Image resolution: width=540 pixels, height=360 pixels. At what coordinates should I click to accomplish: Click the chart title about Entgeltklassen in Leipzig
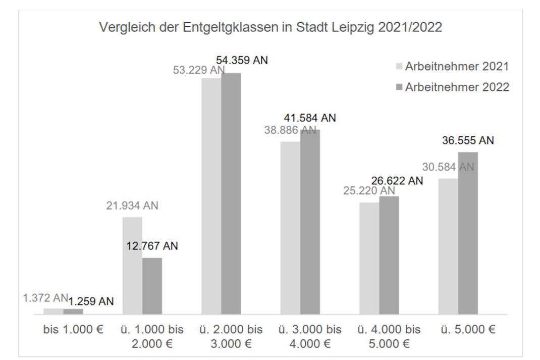click(271, 27)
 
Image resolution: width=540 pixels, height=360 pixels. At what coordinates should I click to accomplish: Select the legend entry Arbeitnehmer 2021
click(451, 67)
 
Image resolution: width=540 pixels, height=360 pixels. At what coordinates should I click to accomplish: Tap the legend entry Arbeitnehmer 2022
click(451, 87)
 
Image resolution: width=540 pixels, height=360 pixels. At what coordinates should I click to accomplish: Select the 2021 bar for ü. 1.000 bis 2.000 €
click(132, 266)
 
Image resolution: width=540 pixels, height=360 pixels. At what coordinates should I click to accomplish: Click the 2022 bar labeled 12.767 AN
click(152, 286)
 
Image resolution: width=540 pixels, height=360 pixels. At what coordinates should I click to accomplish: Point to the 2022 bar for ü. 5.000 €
click(468, 233)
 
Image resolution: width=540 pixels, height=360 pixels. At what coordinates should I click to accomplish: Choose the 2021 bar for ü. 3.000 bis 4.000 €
click(290, 228)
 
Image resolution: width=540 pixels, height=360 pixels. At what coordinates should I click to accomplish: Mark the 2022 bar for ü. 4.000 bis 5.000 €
click(389, 255)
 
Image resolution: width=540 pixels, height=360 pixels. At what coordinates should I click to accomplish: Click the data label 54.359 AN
click(242, 60)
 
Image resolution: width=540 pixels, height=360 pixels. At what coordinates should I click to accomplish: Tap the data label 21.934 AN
click(132, 206)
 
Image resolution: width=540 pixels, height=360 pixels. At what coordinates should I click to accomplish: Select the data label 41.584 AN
click(310, 118)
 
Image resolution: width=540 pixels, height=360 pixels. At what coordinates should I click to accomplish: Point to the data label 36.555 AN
click(468, 140)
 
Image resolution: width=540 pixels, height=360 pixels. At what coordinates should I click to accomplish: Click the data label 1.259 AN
click(91, 301)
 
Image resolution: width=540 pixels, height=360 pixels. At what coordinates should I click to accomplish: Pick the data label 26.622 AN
click(398, 181)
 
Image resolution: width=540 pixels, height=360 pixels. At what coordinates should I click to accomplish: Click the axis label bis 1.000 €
click(73, 330)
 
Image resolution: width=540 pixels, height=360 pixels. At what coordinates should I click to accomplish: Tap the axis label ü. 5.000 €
click(468, 330)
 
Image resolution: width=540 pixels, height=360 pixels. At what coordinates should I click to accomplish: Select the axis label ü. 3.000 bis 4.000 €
click(310, 337)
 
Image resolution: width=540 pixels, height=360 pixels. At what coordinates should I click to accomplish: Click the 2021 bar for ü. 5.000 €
click(448, 246)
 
